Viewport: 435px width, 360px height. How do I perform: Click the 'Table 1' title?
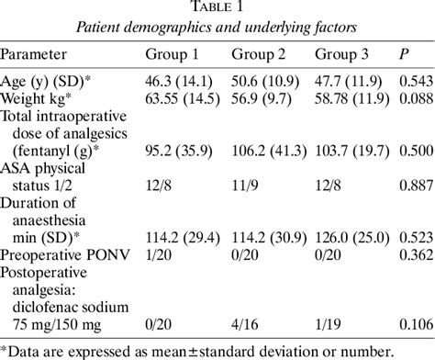coord(217,10)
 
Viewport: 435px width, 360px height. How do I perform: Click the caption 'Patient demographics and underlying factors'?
coord(217,30)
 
